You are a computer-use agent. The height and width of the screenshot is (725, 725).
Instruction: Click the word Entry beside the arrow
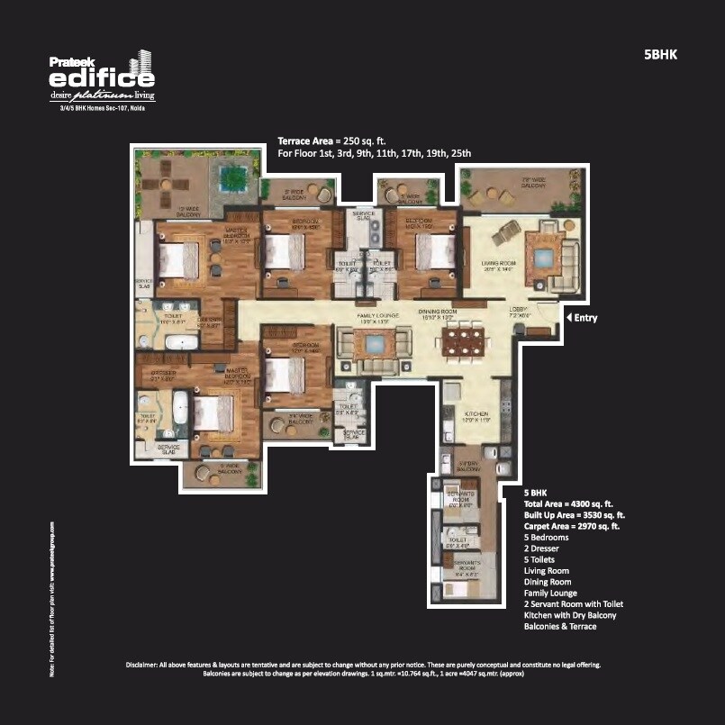(x=585, y=318)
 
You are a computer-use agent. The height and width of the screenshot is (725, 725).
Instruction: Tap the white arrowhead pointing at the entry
(x=568, y=317)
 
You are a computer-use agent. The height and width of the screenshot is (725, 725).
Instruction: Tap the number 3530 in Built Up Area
(x=593, y=515)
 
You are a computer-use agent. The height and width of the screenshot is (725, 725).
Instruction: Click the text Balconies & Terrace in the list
(x=560, y=626)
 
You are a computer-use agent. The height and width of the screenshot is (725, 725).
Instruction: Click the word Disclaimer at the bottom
(x=144, y=665)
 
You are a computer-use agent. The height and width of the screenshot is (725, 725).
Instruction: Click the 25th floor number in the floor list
(x=462, y=154)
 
